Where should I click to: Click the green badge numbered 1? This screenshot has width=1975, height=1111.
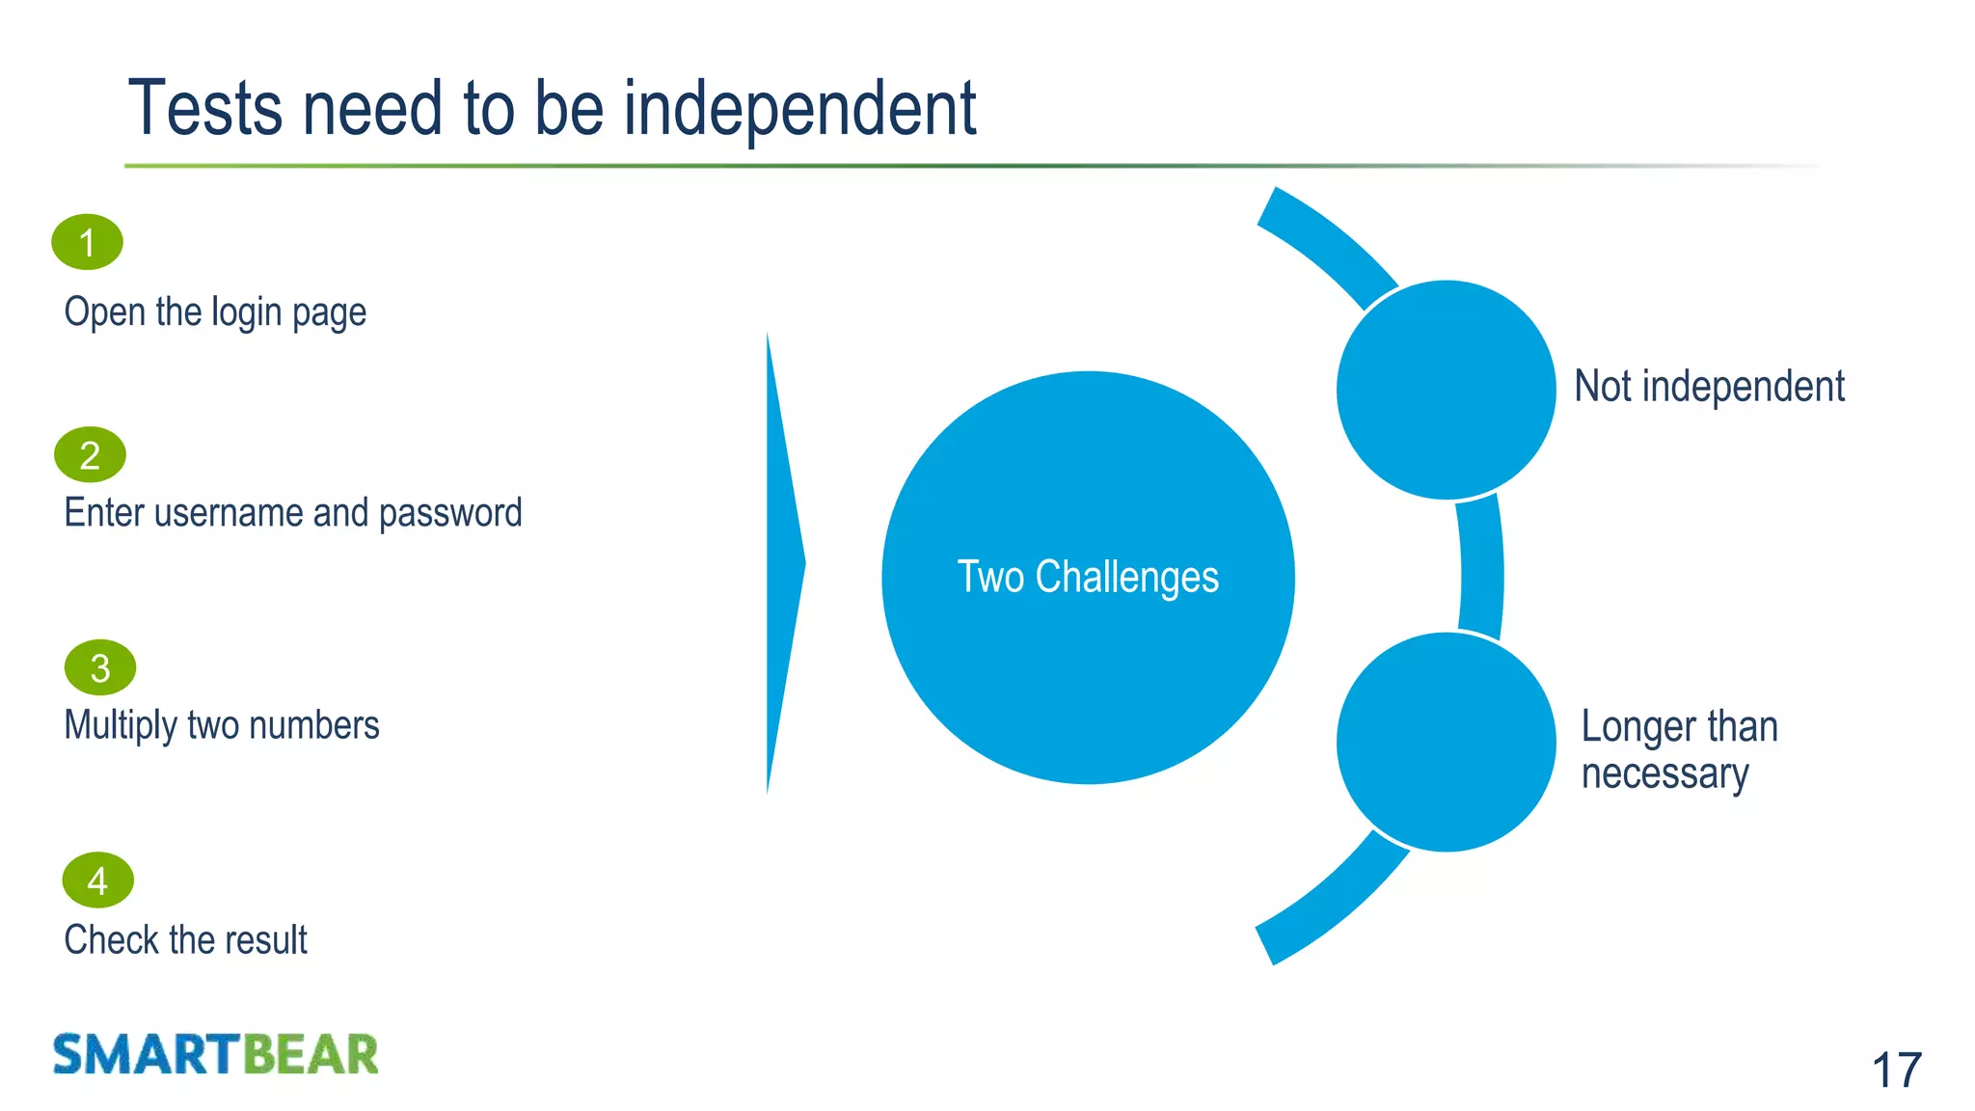(87, 242)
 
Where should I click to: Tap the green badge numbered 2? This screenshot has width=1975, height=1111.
(90, 455)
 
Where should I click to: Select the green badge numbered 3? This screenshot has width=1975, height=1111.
(100, 667)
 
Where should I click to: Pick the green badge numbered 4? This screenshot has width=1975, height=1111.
(97, 881)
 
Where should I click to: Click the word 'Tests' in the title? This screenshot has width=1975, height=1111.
(205, 108)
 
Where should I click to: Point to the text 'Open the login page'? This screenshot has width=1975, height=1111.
(215, 312)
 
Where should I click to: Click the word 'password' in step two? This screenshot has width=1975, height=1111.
(449, 513)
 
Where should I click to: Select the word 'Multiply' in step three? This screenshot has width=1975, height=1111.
(121, 725)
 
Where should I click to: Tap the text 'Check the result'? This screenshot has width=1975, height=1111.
(185, 939)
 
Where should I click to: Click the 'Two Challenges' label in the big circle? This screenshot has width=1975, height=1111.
(1087, 577)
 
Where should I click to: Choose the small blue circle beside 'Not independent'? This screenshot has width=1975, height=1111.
(1446, 390)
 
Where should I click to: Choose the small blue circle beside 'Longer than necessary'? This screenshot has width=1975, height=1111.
(1446, 742)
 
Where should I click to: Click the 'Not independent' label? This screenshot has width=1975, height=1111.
(1708, 387)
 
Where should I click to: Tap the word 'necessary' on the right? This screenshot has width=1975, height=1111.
(1664, 774)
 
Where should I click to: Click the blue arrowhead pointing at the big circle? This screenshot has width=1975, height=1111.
(782, 563)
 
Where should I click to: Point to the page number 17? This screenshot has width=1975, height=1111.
(1896, 1070)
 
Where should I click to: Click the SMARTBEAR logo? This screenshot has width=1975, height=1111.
(215, 1054)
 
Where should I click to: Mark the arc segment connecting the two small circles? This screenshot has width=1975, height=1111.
(1481, 569)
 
